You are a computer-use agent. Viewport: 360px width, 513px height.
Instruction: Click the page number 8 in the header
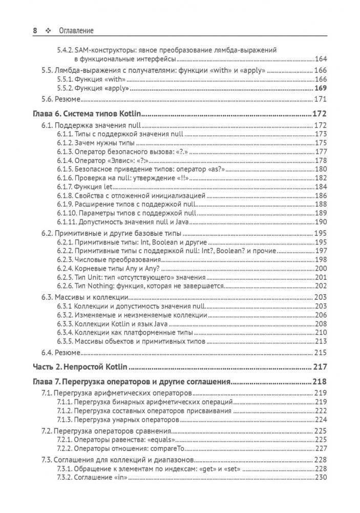click(x=35, y=31)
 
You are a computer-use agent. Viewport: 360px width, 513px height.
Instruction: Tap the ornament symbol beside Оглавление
click(x=49, y=31)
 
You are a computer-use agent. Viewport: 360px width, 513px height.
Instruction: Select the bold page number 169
click(x=320, y=89)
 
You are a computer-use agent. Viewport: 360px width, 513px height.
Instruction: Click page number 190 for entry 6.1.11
click(x=320, y=221)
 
